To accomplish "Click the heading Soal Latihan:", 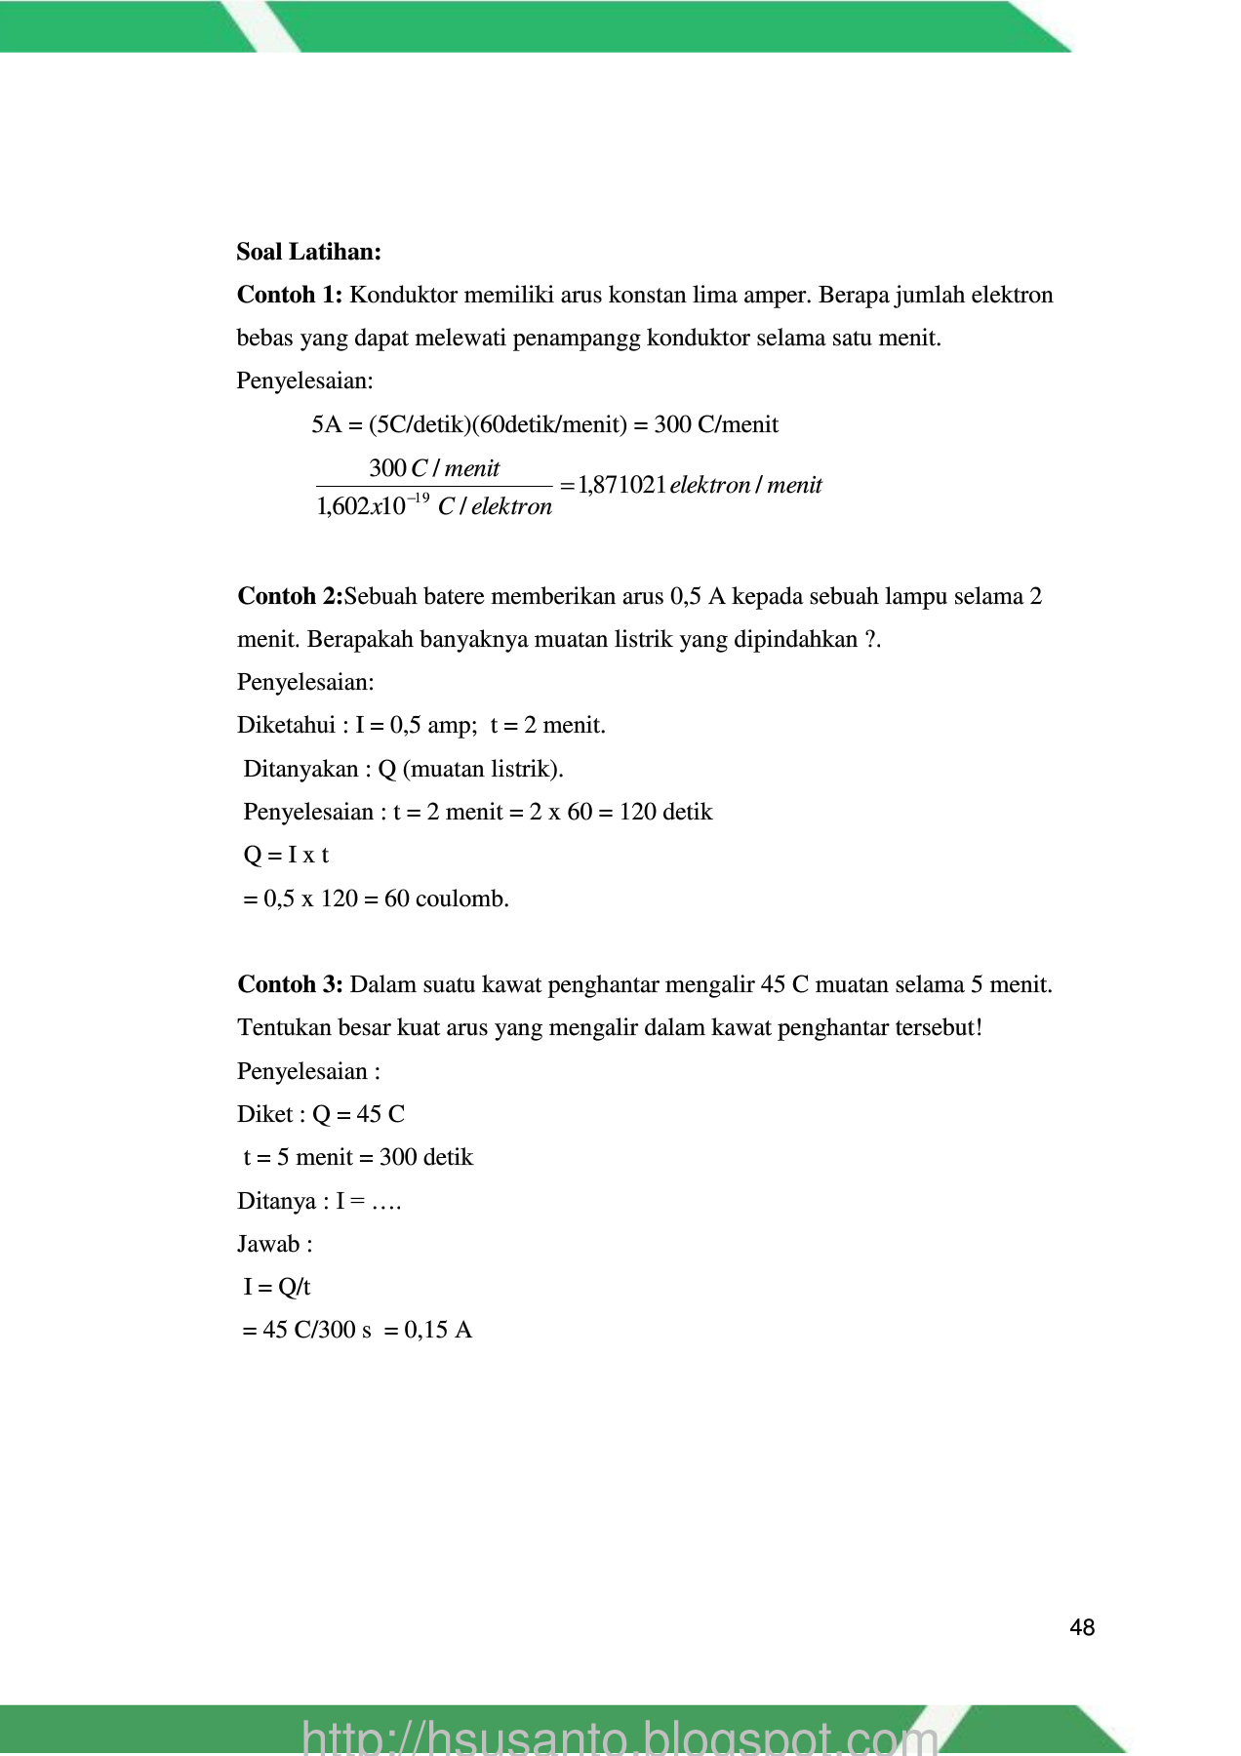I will coord(308,252).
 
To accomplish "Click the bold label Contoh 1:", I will coord(290,295).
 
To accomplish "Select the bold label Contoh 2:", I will coord(290,596).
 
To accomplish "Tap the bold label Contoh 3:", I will coord(290,984).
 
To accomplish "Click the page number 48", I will coord(1082,1627).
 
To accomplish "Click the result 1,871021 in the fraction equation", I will coord(622,485).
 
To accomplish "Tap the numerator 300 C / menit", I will coord(434,468).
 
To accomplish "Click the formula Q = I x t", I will coord(286,856).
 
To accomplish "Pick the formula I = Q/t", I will coord(277,1287).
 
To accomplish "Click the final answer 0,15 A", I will coord(438,1330).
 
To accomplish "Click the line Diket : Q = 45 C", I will coord(321,1114).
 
